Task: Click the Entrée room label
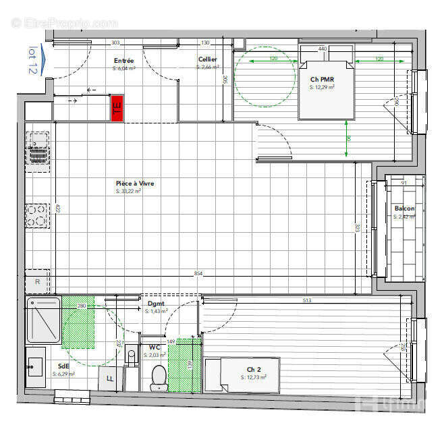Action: pos(123,61)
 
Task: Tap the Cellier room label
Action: pos(207,60)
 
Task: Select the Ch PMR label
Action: pos(322,80)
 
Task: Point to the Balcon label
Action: pos(405,208)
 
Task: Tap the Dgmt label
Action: pos(156,304)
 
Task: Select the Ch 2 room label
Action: pos(254,369)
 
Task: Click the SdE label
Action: pos(63,366)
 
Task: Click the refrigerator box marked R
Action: pos(37,281)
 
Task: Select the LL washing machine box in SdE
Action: pos(110,378)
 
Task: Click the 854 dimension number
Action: pos(198,273)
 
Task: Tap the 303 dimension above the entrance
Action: pos(115,43)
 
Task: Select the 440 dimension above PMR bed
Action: pos(323,49)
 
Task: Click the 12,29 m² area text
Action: pos(321,87)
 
